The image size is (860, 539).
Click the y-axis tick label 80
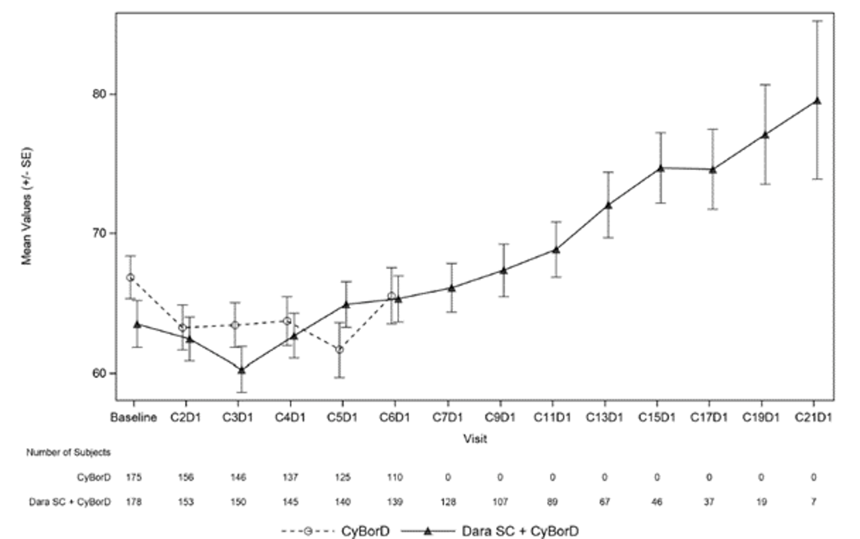pos(99,94)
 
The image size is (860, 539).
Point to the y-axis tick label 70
pos(99,233)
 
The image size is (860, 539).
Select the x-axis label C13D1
pos(604,418)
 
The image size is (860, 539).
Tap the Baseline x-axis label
pos(133,418)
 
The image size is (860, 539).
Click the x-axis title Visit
pos(475,439)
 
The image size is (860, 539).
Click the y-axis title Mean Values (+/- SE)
pos(26,206)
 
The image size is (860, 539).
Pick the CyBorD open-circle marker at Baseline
pos(130,278)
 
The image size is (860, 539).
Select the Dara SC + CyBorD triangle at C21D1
pos(817,101)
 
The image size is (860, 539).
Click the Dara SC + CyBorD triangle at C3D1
pos(242,370)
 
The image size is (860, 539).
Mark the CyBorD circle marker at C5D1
pos(340,350)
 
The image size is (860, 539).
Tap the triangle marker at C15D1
pos(660,168)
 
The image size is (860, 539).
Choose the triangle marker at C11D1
pos(555,250)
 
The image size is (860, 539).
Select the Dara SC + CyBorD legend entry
pos(489,531)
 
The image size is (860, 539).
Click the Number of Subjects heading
pos(68,452)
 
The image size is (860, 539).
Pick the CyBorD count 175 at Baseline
pos(134,477)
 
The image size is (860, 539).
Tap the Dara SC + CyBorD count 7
pos(813,502)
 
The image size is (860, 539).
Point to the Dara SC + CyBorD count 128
pos(448,502)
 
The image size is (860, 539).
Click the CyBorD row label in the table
pos(94,477)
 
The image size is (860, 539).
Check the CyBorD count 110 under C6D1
pos(395,477)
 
